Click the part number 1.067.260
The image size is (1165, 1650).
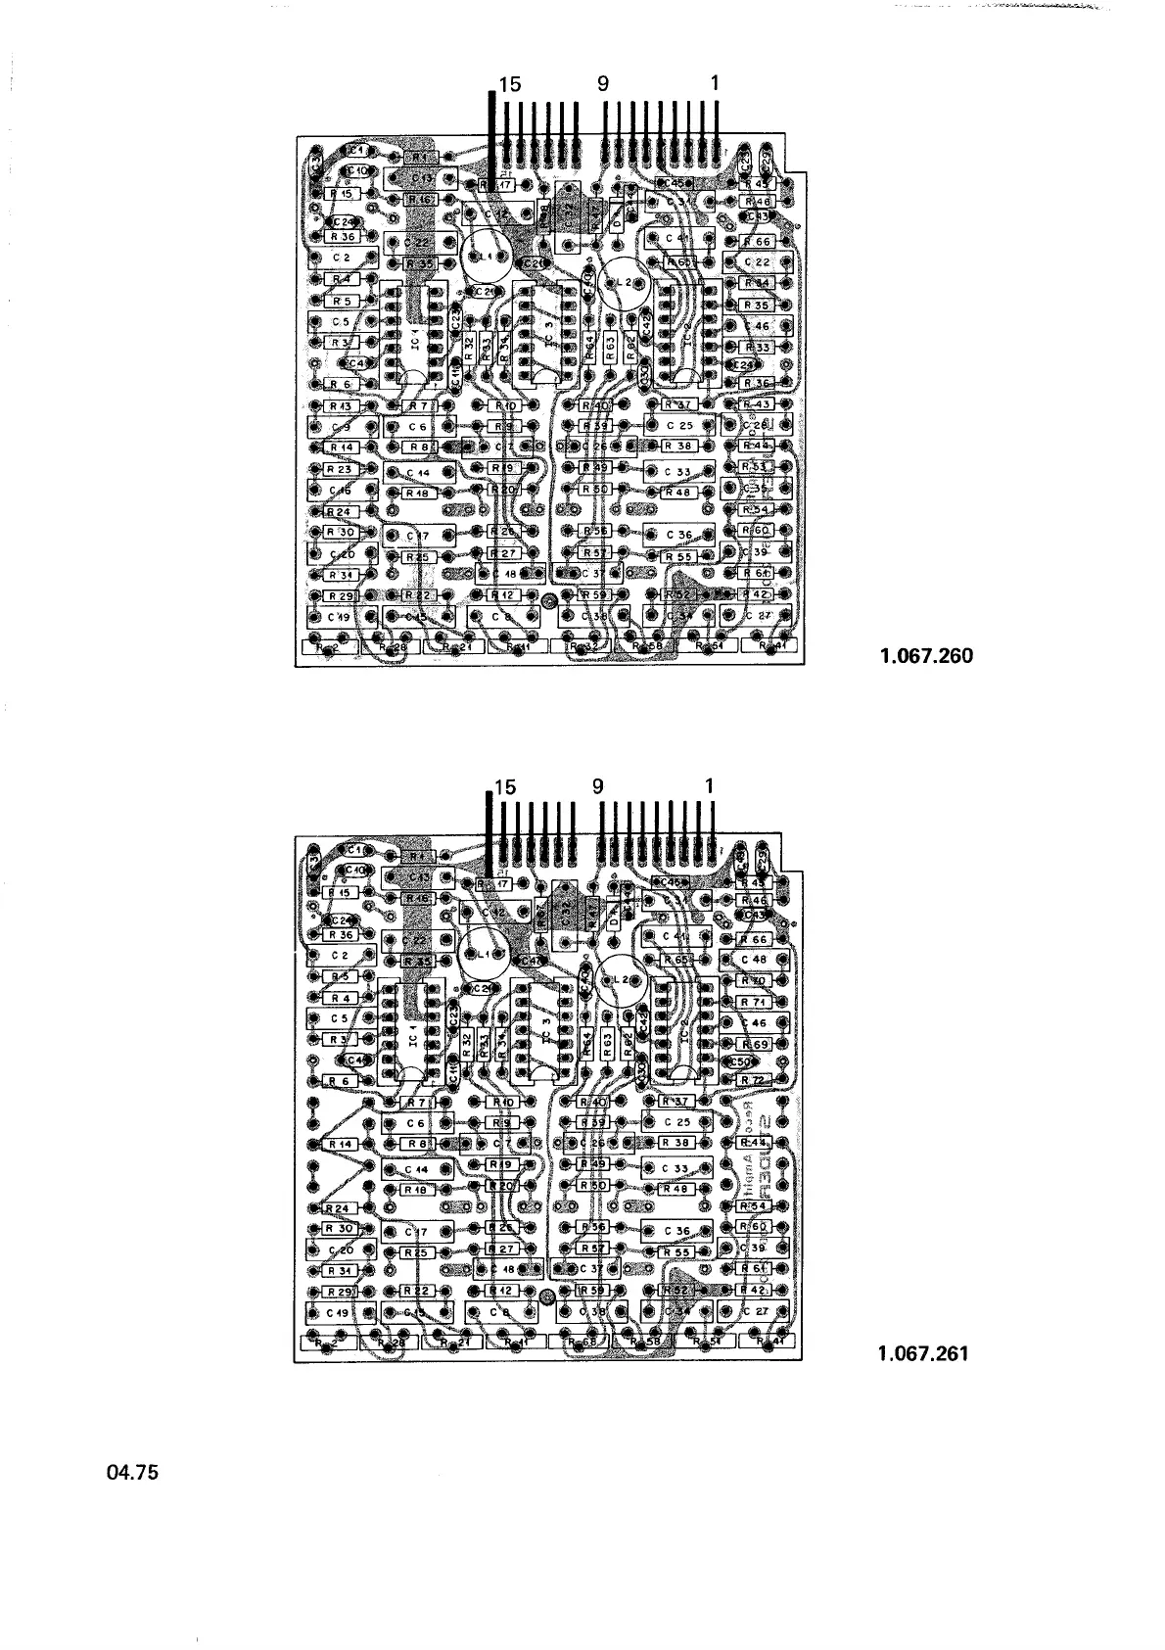[x=926, y=656]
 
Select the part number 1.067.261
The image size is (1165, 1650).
[x=923, y=1354]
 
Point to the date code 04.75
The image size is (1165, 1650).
[x=131, y=1473]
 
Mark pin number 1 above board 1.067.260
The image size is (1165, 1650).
[x=716, y=84]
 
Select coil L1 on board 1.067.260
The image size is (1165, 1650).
[x=481, y=256]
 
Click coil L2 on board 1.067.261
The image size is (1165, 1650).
[x=619, y=980]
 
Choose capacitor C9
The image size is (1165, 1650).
[x=342, y=427]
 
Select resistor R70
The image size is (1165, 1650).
[x=754, y=980]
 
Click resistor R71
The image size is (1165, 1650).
[x=754, y=1002]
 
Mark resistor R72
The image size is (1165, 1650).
[x=754, y=1080]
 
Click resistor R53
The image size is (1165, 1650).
[x=756, y=467]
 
